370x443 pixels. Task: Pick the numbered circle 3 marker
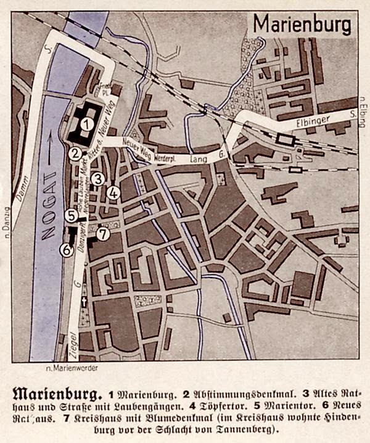point(97,179)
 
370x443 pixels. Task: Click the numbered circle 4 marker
point(112,193)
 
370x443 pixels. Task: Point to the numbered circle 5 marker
point(72,215)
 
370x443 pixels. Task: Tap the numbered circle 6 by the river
point(66,250)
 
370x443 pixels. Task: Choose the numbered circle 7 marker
point(103,234)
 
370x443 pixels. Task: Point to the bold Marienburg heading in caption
point(54,392)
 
